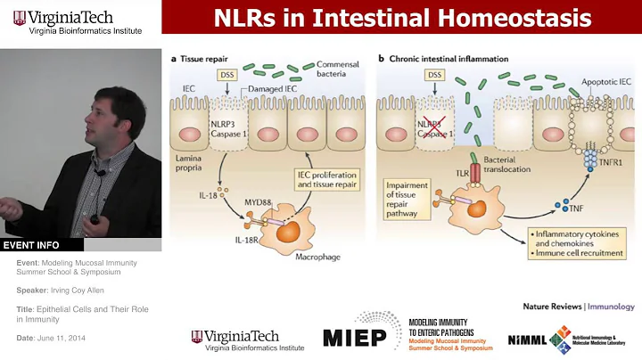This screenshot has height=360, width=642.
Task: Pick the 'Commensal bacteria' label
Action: pyautogui.click(x=339, y=71)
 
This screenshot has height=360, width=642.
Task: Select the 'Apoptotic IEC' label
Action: pyautogui.click(x=607, y=80)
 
